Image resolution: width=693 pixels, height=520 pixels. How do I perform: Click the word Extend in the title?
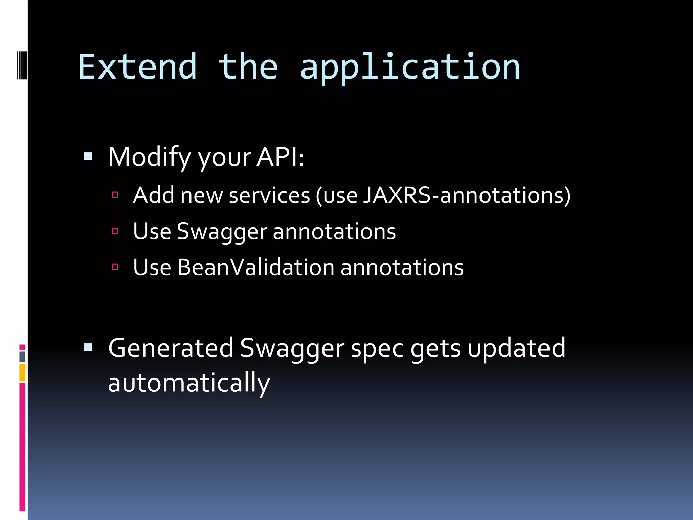point(137,67)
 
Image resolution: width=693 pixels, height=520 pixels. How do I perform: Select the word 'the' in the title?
point(248,67)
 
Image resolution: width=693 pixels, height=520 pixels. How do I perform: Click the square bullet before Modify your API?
point(88,156)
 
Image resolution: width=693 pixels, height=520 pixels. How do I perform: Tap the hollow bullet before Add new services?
point(115,195)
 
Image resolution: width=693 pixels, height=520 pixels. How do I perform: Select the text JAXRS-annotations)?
point(467,195)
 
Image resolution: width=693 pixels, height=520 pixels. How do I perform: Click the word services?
point(269,195)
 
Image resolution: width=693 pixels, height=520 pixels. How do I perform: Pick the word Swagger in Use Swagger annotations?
point(222,232)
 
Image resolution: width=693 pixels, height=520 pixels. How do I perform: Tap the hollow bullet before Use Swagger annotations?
point(115,231)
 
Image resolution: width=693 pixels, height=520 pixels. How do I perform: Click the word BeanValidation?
point(256,267)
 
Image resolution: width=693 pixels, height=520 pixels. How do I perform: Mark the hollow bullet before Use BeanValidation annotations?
point(115,267)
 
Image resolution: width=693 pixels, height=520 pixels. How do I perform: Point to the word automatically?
point(189,383)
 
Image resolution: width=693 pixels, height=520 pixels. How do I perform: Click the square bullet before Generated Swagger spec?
point(88,347)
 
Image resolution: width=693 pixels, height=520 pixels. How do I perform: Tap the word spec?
point(377,349)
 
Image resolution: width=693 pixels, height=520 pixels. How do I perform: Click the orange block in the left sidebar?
point(22,372)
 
